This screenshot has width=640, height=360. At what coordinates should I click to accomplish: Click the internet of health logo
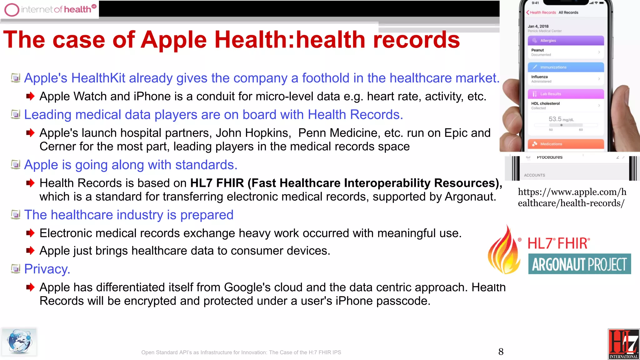(x=50, y=9)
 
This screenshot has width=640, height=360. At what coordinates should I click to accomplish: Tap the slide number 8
(x=501, y=352)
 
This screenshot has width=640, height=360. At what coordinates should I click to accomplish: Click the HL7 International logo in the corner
(x=623, y=344)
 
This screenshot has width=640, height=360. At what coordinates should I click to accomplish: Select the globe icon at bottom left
(x=19, y=342)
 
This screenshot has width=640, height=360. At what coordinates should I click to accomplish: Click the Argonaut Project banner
(x=579, y=264)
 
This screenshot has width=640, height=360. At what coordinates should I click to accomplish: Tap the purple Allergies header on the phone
(x=566, y=41)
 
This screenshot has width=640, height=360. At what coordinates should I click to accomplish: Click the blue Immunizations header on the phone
(x=566, y=67)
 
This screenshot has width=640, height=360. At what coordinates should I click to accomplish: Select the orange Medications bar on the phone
(x=566, y=144)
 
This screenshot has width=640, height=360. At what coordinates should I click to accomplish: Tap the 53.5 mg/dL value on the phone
(x=561, y=119)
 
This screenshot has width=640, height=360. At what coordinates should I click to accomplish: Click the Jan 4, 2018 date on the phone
(x=538, y=26)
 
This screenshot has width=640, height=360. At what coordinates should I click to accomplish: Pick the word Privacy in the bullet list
(x=47, y=269)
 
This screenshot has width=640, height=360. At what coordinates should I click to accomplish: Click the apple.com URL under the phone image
(x=572, y=197)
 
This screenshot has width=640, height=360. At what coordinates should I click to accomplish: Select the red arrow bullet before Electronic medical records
(x=30, y=233)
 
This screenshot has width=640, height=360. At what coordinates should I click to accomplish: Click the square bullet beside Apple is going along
(x=15, y=164)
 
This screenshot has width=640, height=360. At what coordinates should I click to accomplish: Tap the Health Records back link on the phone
(x=541, y=12)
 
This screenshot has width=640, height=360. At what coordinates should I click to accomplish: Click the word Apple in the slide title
(x=174, y=40)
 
